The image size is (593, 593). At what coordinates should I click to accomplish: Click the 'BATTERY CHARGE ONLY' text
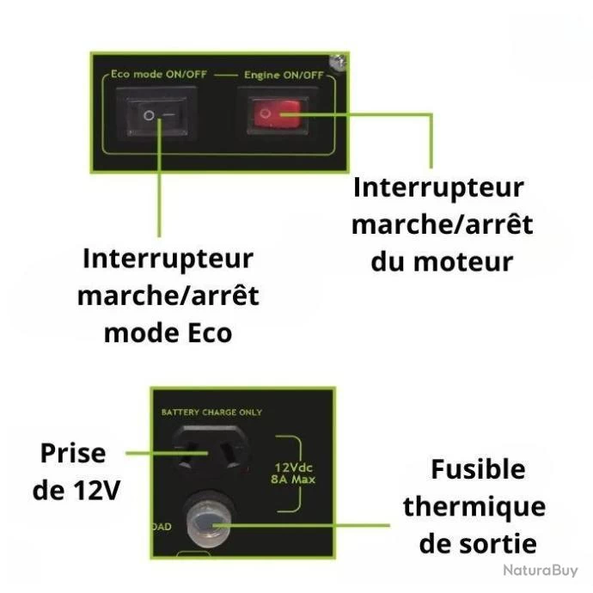[211, 413]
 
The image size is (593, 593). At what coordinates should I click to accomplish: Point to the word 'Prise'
[73, 453]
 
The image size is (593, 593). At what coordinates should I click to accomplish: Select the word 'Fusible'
[478, 470]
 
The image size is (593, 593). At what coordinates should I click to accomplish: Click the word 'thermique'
[474, 507]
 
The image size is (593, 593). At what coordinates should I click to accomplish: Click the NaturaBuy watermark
[542, 571]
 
